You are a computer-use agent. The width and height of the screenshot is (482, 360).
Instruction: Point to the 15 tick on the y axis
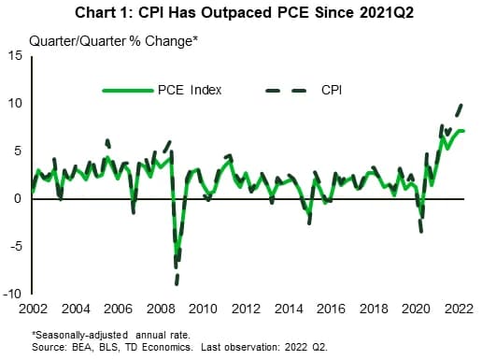(16, 56)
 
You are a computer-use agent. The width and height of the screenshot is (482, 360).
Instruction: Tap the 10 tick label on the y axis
(16, 103)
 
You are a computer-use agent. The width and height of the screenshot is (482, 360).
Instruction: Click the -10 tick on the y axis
(13, 293)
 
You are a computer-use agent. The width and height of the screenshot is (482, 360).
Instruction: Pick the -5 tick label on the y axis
(16, 246)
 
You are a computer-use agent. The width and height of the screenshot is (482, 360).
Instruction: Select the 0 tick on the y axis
(20, 198)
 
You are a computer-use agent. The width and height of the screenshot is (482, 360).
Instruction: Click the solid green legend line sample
(128, 91)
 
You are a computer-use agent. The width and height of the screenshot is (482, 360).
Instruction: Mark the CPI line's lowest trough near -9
(176, 281)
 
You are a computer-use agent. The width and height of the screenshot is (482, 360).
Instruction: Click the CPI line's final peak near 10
(461, 105)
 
